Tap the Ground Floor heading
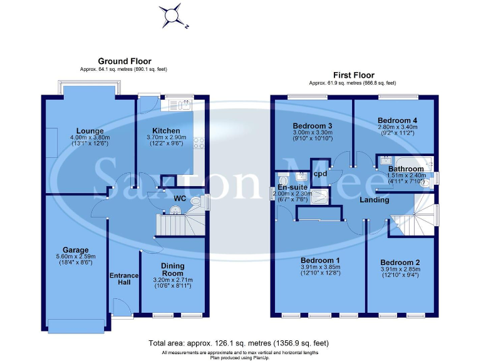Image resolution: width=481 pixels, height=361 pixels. (x=124, y=61)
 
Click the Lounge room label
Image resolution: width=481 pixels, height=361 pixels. (x=90, y=131)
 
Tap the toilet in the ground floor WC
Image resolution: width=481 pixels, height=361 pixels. (x=197, y=202)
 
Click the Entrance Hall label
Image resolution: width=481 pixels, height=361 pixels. (x=123, y=279)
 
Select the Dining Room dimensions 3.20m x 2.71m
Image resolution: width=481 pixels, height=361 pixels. (x=172, y=280)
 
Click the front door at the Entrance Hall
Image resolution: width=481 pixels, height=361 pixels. (x=120, y=306)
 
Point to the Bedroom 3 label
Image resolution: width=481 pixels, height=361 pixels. (x=312, y=126)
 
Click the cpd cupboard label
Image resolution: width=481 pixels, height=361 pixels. (x=319, y=174)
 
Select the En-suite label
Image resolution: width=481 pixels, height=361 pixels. (x=291, y=187)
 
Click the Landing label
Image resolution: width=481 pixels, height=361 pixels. (x=375, y=200)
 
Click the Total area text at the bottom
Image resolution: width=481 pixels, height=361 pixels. (x=239, y=343)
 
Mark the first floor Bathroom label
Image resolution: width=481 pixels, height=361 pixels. (x=406, y=169)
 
